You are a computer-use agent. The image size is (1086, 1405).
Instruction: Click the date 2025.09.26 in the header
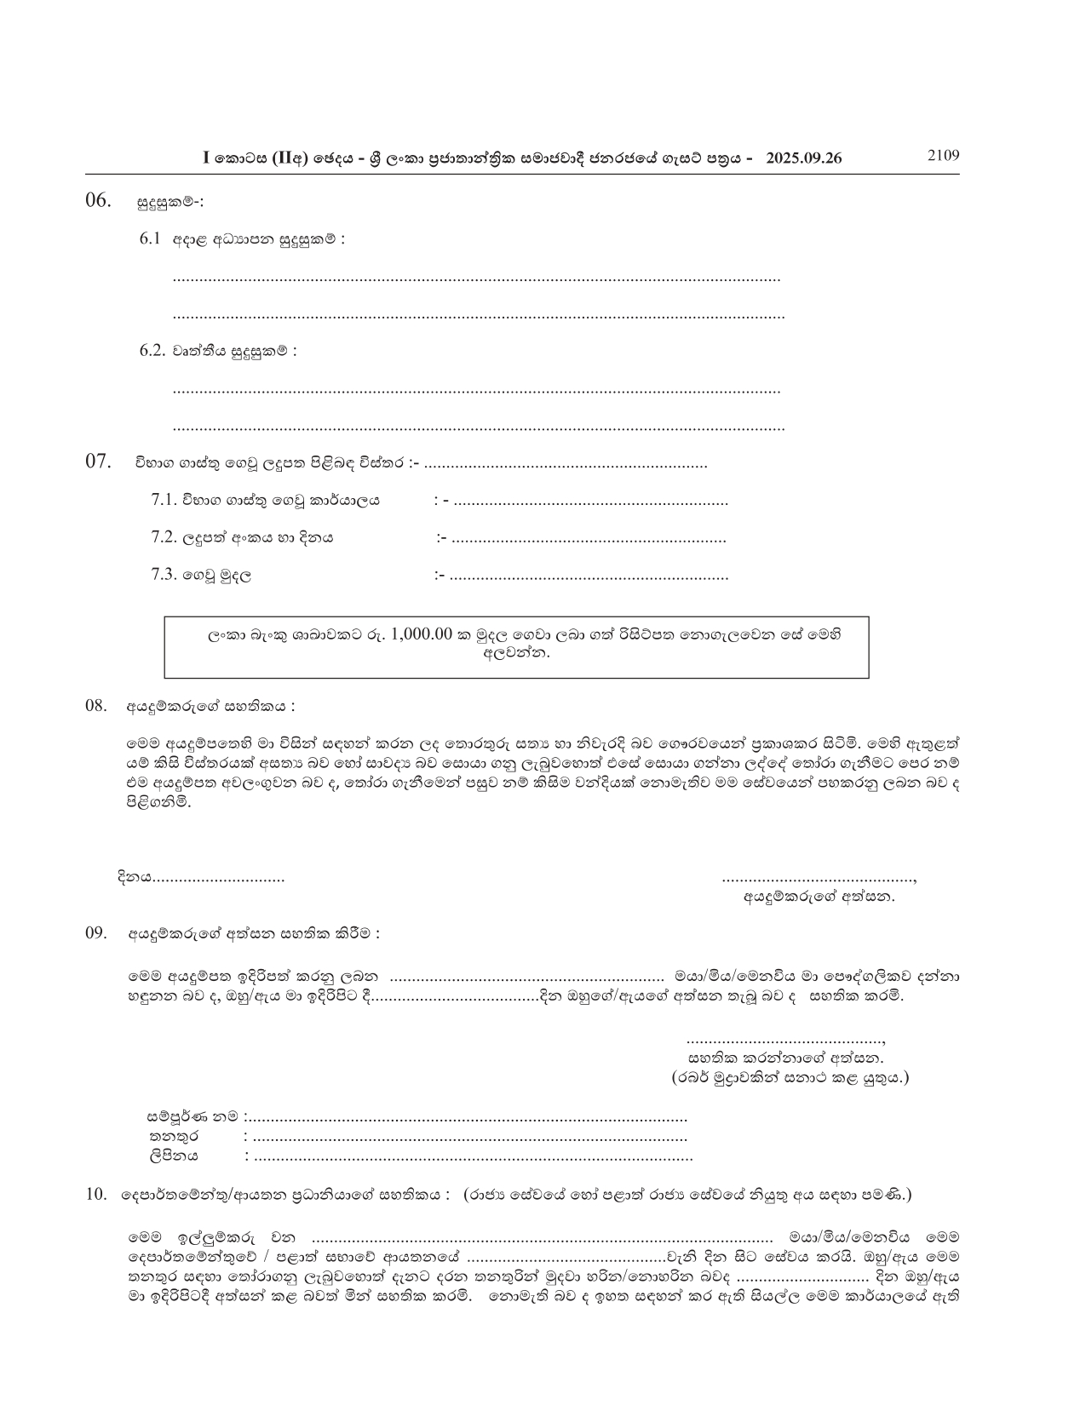coord(804,158)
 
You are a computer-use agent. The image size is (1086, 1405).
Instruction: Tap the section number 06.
coord(98,201)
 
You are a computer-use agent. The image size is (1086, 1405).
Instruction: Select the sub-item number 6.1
coord(150,239)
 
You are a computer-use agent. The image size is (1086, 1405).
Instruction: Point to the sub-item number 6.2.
coord(152,351)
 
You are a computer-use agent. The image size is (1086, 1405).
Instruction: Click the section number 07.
coord(98,462)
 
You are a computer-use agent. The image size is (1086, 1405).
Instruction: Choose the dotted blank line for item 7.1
coord(590,502)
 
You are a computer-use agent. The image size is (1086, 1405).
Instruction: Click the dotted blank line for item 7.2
coord(589,538)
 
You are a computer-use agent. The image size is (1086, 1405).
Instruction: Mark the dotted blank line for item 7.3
coord(589,576)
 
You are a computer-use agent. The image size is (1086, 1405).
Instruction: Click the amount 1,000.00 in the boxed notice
coord(422,635)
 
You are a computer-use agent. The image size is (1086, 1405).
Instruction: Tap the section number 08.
coord(96,706)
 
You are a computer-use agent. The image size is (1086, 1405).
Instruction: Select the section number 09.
coord(96,932)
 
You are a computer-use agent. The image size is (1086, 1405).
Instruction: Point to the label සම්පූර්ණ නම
coord(193,1116)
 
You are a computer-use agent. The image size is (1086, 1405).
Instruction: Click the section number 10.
coord(95,1195)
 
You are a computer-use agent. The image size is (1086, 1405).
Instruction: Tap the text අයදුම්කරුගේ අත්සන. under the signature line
coord(819,896)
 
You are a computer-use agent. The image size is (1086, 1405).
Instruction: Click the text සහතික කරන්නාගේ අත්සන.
coord(785,1058)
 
